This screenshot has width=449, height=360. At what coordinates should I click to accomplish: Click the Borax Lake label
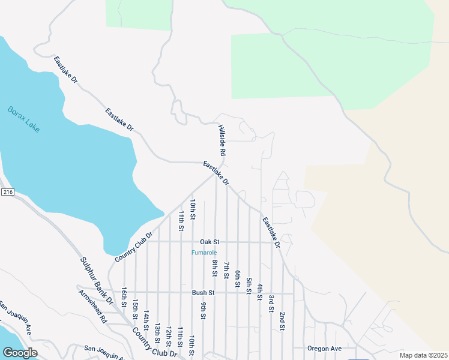24,119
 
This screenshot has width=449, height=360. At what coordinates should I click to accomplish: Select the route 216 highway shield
7,192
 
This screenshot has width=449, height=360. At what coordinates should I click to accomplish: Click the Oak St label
210,242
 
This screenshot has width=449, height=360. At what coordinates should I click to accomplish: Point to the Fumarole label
204,253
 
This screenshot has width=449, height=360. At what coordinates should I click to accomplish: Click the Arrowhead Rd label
92,306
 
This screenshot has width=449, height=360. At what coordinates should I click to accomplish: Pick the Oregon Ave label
324,349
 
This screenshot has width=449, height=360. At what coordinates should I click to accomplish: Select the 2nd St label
281,322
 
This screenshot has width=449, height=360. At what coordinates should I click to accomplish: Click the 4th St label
260,292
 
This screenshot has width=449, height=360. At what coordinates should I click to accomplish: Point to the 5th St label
249,286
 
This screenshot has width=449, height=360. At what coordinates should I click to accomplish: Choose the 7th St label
226,271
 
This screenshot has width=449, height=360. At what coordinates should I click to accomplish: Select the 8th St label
214,268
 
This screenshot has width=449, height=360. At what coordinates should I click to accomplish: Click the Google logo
20,353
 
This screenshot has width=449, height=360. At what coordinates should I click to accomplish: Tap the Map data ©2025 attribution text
423,355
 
